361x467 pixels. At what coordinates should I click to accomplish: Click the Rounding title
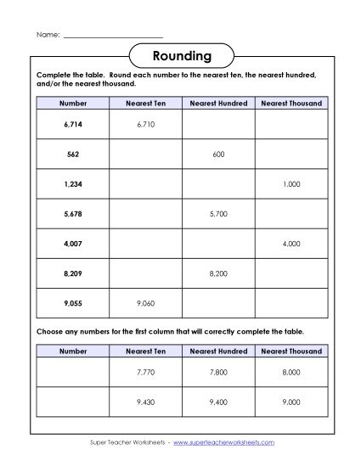(181, 57)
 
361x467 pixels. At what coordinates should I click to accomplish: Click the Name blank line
(113, 35)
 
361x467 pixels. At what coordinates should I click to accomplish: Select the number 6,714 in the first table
(73, 124)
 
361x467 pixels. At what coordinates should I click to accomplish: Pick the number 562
(73, 155)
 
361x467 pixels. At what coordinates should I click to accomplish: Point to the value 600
(219, 155)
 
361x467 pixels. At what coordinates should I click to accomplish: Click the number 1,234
(73, 184)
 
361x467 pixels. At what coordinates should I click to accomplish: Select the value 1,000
(291, 184)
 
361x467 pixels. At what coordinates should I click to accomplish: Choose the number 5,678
(73, 215)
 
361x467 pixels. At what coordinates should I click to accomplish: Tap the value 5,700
(219, 215)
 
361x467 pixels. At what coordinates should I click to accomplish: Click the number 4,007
(73, 245)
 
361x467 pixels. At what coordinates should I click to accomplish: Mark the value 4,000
(291, 245)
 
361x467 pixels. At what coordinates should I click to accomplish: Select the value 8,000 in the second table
(291, 372)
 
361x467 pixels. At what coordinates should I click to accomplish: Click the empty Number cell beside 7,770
(73, 372)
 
